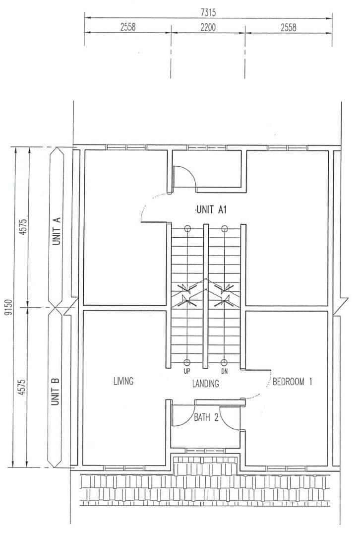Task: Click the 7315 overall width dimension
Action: pyautogui.click(x=208, y=12)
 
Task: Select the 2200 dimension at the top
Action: pyautogui.click(x=208, y=27)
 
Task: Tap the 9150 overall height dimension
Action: pyautogui.click(x=9, y=308)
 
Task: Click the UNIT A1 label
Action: pyautogui.click(x=211, y=209)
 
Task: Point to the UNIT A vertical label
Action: pyautogui.click(x=57, y=231)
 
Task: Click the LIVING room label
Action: pyautogui.click(x=123, y=381)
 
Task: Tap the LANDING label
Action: pyautogui.click(x=205, y=384)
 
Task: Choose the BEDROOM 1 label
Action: pyautogui.click(x=292, y=382)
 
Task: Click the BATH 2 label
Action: pyautogui.click(x=206, y=417)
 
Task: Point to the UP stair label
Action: pyautogui.click(x=186, y=371)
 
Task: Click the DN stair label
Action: pyautogui.click(x=224, y=371)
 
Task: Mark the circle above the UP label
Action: pyautogui.click(x=186, y=363)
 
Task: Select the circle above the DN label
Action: pyautogui.click(x=224, y=363)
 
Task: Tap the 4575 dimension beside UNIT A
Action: pyautogui.click(x=23, y=227)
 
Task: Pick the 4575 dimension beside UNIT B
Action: pyautogui.click(x=22, y=387)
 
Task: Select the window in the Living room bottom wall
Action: pyautogui.click(x=124, y=468)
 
